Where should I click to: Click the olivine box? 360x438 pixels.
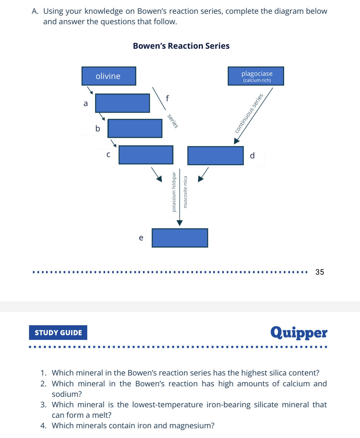point(109,76)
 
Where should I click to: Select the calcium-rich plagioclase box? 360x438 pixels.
point(256,76)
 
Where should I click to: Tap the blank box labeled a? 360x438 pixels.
point(123,103)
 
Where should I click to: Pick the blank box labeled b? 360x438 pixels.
point(135,128)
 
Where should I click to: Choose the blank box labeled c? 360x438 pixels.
point(146,155)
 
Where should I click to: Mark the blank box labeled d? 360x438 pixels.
point(215,156)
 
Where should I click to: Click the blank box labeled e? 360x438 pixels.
point(180,238)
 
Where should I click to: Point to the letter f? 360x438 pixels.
point(167,98)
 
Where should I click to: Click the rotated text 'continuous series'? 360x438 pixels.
point(249,113)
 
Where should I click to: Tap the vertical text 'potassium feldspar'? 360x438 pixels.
point(174,192)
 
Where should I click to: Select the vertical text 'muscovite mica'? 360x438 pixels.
point(185,192)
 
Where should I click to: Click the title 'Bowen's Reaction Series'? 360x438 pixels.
point(181,46)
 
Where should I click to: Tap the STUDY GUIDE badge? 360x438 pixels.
point(58,332)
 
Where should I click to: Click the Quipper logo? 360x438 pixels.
point(299,333)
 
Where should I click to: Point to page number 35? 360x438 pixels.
point(320,272)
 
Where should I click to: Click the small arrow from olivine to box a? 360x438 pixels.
point(90,90)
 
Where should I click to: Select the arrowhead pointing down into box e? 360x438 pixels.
point(180,223)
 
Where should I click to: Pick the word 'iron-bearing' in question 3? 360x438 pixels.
point(228,404)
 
